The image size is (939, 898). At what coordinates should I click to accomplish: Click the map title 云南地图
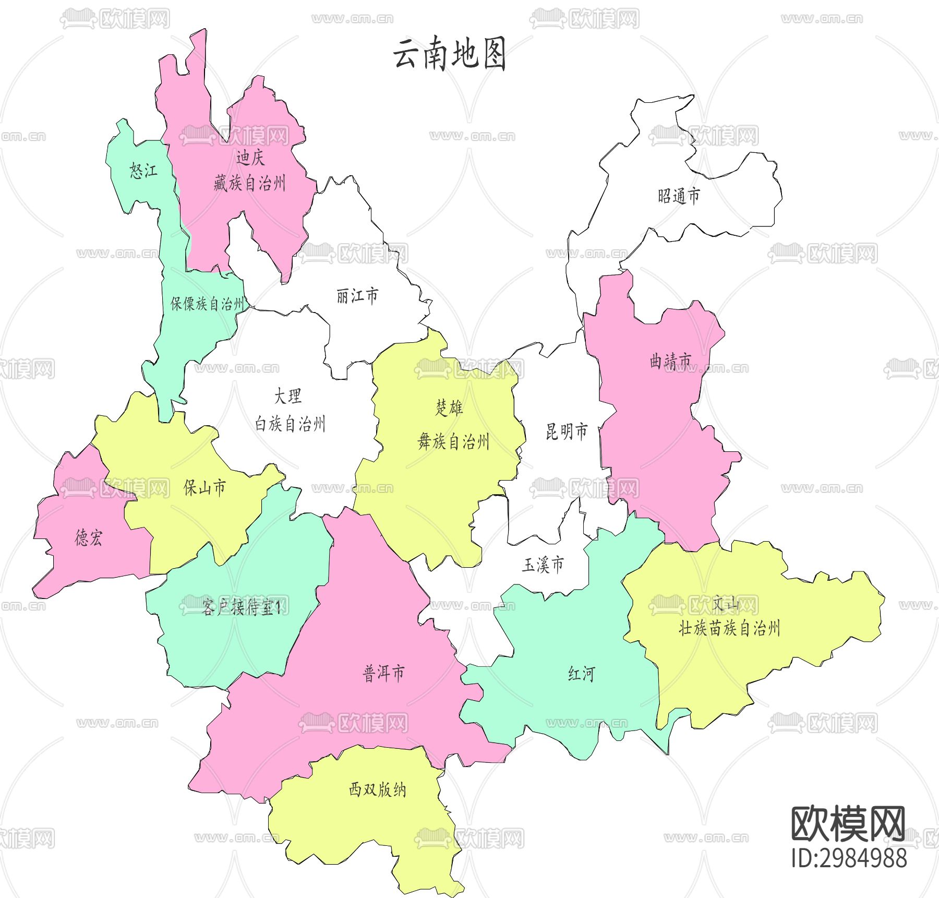[449, 54]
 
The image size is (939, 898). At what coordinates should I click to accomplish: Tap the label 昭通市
[678, 196]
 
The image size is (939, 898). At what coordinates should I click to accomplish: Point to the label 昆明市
[567, 432]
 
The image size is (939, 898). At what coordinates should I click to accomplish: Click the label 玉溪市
[543, 565]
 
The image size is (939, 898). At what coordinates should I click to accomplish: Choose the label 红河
[581, 674]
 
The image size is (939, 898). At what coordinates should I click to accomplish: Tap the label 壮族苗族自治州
[729, 628]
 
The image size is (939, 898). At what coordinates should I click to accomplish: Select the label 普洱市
[383, 673]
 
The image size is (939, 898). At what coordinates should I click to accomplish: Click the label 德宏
[89, 537]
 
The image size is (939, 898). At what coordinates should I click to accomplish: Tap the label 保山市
[204, 487]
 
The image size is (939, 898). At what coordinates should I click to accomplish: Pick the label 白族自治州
[290, 424]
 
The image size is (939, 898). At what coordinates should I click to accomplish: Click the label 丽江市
[357, 296]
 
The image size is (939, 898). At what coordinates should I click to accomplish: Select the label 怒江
[143, 171]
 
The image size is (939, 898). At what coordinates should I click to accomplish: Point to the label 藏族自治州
[249, 183]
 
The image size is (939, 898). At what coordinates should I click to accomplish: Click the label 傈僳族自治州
[207, 304]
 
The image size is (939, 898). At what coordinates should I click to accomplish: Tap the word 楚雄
[449, 408]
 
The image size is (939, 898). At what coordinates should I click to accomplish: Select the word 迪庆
[250, 157]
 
